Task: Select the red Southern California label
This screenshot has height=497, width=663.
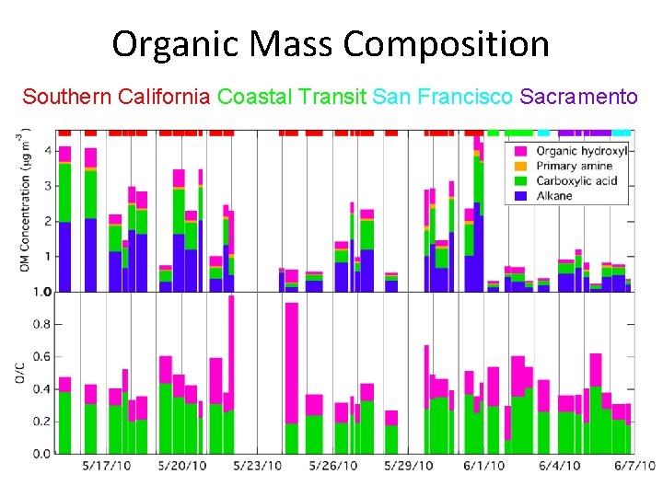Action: point(116,97)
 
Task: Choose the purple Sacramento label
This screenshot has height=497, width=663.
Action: point(578,97)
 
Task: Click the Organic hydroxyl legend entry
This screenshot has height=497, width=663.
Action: point(581,151)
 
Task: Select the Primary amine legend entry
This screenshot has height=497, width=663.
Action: point(575,166)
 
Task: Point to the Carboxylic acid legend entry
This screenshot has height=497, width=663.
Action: point(577,180)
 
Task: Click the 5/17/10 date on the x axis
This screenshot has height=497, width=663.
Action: point(107,466)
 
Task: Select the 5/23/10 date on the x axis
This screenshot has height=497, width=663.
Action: point(258,466)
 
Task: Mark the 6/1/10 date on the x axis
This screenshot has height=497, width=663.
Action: point(483,466)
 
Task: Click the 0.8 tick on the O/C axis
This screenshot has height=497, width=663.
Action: point(43,324)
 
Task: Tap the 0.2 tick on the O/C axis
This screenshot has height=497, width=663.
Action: point(43,421)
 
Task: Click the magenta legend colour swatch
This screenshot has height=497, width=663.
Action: point(520,151)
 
